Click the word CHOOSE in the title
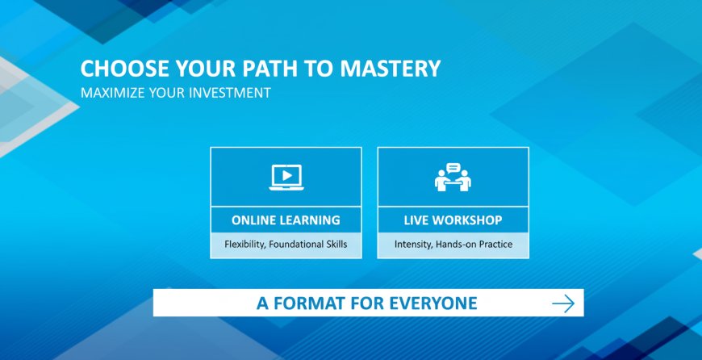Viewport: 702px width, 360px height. tap(125, 69)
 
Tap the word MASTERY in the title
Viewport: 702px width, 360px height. tap(390, 69)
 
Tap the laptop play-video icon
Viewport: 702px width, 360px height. tap(286, 178)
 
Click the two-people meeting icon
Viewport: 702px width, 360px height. tap(453, 178)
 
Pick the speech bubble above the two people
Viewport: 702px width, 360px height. tap(453, 168)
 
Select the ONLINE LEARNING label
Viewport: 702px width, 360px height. tap(286, 220)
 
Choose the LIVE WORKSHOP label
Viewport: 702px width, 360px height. tap(453, 220)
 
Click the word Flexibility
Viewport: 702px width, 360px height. tap(244, 245)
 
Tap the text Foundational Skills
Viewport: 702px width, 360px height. tap(308, 245)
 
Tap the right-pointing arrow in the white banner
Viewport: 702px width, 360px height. tap(563, 303)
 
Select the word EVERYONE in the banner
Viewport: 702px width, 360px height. tap(433, 303)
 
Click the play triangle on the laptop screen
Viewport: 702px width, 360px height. tap(287, 175)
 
